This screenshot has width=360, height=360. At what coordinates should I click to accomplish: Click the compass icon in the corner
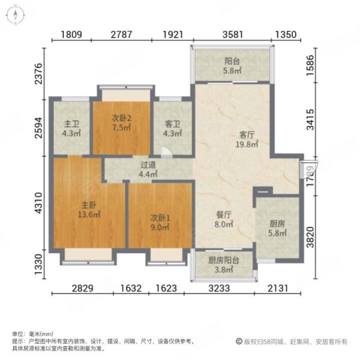pos(16,14)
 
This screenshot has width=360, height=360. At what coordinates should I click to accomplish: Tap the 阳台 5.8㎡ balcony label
pos(232,66)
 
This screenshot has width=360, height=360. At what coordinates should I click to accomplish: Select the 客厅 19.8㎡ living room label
pos(247,140)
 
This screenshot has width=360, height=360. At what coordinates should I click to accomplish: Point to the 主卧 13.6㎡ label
pos(89,210)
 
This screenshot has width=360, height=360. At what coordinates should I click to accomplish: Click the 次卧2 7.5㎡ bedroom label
pos(121,123)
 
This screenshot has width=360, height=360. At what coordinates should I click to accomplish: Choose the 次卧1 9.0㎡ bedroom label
pos(160,222)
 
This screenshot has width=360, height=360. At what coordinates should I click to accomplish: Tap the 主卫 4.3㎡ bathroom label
pos(71,128)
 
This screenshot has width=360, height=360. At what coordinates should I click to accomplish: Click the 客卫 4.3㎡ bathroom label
pos(173,128)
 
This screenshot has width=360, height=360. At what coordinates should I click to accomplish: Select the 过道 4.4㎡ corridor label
pos(148,169)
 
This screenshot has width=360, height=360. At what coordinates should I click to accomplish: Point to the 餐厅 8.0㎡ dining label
pos(224,220)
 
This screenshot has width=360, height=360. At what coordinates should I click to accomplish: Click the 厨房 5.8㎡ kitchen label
pos(277,228)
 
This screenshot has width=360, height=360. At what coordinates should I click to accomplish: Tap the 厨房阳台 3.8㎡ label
pos(224,265)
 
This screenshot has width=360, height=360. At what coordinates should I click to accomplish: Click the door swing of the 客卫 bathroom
pos(167,152)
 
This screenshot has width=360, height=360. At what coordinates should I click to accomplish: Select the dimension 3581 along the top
pos(233,35)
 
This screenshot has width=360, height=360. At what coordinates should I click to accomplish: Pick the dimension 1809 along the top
pos(71,35)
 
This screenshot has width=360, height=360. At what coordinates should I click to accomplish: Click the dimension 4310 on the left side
pos(38,203)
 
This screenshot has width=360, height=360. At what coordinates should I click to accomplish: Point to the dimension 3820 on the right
pos(310,237)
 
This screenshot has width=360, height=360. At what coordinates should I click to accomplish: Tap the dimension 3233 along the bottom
pos(219,288)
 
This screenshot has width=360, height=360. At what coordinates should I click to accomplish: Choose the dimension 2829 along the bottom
pos(83,288)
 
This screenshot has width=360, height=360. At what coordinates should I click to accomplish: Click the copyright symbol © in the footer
pos(239,341)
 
